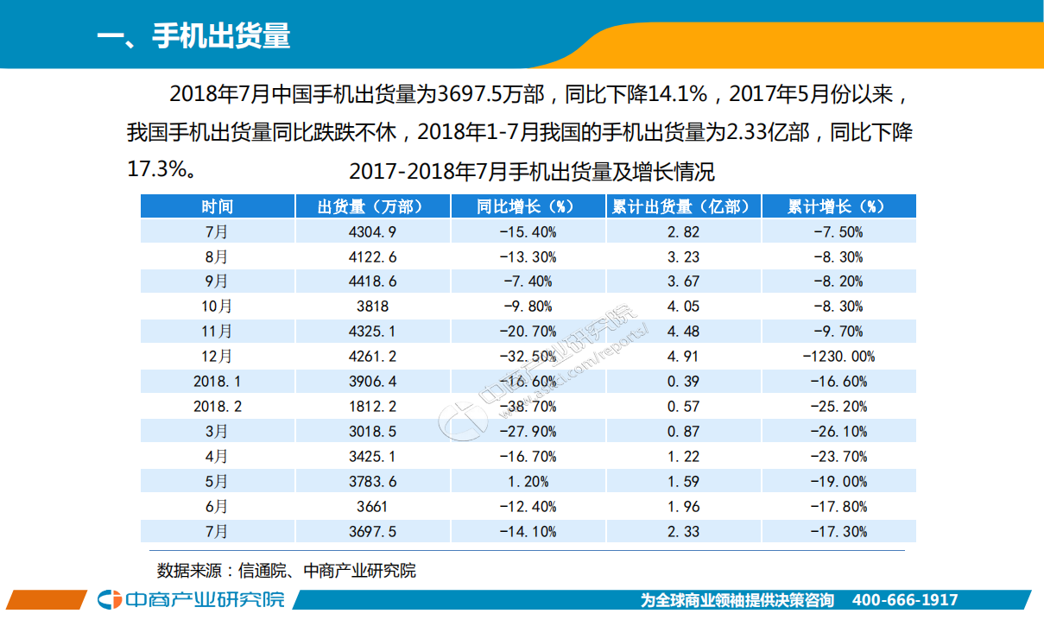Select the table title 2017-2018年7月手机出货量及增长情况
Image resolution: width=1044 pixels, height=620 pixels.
[532, 172]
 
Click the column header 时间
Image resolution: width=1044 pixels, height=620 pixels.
[218, 206]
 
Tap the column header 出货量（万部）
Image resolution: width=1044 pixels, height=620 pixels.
[372, 206]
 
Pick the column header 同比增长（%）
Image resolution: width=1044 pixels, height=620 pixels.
[528, 206]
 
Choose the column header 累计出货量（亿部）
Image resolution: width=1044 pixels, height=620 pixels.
[683, 206]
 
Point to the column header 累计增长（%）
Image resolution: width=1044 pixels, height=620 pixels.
[838, 206]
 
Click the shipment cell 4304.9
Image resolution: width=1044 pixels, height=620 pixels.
[372, 231]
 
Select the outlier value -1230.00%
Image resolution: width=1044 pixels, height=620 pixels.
[838, 357]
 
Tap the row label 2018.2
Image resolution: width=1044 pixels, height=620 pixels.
[218, 407]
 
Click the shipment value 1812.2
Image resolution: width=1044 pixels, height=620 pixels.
[372, 407]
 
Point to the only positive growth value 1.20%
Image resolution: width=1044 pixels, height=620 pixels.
[528, 482]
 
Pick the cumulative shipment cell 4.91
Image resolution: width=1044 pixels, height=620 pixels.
[683, 357]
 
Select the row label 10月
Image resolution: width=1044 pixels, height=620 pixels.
[218, 307]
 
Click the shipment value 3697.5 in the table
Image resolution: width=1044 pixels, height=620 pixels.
[372, 532]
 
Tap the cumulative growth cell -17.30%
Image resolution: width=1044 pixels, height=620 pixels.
[838, 532]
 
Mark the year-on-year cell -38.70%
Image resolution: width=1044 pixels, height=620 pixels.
[528, 407]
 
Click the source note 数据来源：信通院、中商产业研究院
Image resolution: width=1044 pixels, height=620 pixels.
[286, 571]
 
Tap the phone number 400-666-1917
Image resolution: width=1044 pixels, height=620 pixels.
[904, 600]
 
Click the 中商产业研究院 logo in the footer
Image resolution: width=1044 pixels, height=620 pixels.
[191, 599]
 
